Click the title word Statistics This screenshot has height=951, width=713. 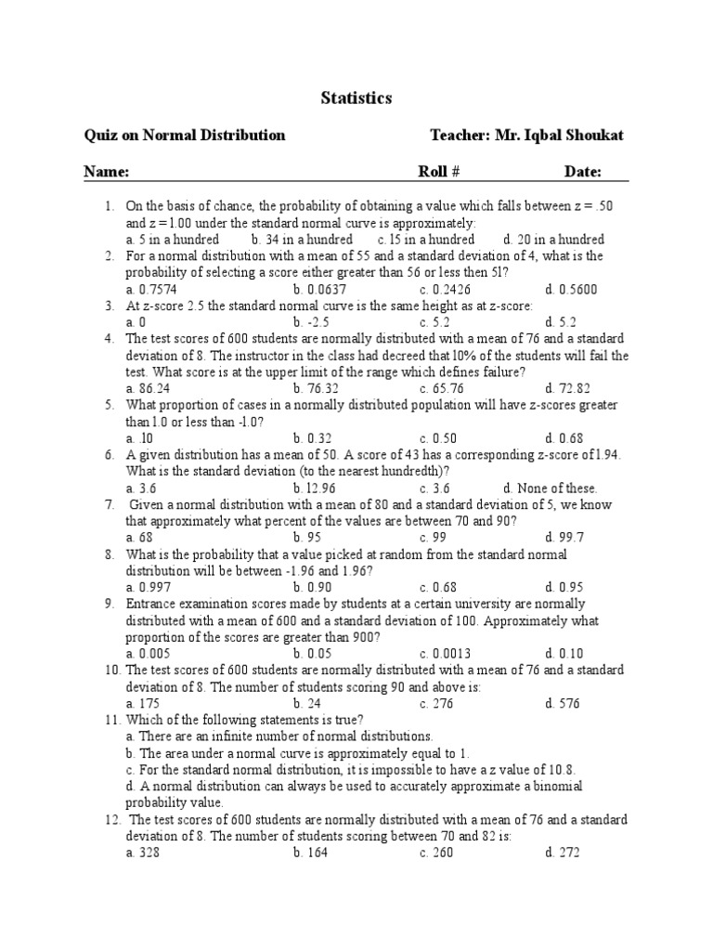(x=356, y=98)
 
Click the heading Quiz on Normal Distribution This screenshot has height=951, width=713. (x=185, y=136)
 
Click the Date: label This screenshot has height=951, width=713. (x=583, y=172)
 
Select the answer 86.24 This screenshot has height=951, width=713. (x=154, y=388)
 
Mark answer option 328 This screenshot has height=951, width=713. (x=147, y=853)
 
